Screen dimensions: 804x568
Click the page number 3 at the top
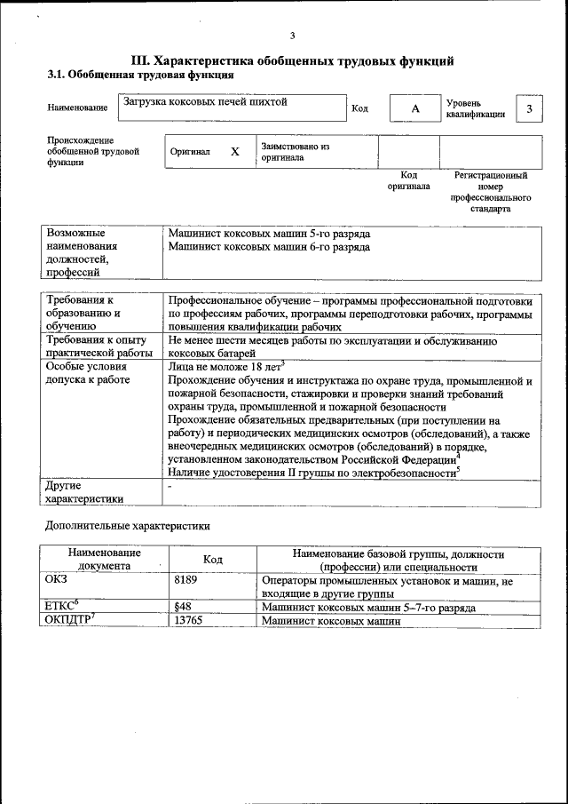[292, 36]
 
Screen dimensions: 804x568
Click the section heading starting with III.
[292, 60]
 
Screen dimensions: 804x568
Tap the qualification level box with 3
[529, 108]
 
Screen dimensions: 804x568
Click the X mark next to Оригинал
[235, 152]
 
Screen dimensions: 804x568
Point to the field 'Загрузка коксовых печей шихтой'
[206, 102]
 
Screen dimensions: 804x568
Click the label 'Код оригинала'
[408, 181]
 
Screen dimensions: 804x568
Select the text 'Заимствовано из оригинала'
[296, 152]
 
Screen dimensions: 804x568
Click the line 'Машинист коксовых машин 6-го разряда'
[269, 247]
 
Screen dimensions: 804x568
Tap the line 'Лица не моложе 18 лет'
[225, 365]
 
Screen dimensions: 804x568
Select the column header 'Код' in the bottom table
[212, 560]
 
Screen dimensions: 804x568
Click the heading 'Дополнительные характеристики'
[128, 526]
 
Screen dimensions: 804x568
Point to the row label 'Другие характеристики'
[84, 492]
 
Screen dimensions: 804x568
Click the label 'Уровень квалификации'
[476, 108]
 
